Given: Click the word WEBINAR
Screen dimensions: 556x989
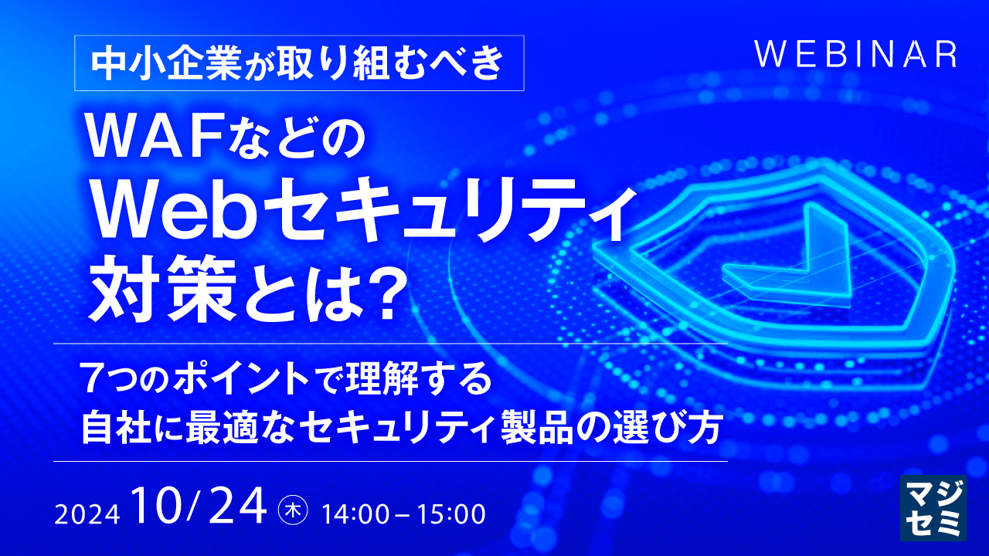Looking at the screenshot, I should pyautogui.click(x=855, y=55).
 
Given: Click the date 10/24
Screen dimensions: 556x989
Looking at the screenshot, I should pyautogui.click(x=198, y=508).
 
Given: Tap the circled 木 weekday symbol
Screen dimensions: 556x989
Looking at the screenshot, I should pyautogui.click(x=294, y=510).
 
